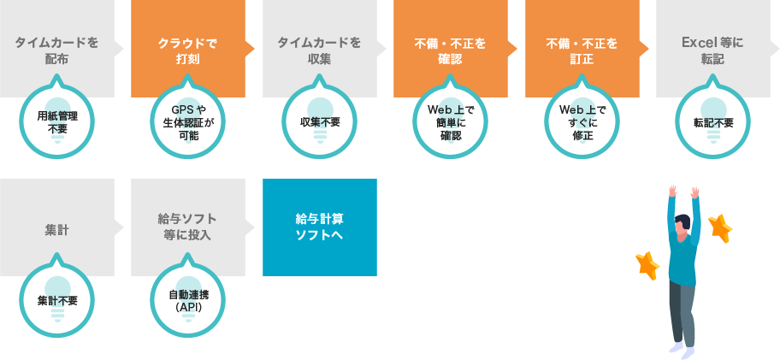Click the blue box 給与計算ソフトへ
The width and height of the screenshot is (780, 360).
pyautogui.click(x=319, y=227)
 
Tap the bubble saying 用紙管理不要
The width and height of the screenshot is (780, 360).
pyautogui.click(x=57, y=122)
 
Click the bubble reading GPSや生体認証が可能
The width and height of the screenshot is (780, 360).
pyautogui.click(x=188, y=122)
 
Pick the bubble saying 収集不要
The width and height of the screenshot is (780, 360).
pyautogui.click(x=319, y=122)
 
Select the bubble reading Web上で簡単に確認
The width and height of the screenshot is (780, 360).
pyautogui.click(x=450, y=122)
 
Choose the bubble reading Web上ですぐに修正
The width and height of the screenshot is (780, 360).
pyautogui.click(x=582, y=122)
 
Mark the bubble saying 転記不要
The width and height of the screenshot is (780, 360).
pyautogui.click(x=712, y=122)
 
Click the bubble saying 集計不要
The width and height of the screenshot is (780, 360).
pyautogui.click(x=57, y=301)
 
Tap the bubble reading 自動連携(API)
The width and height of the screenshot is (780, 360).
pyautogui.click(x=188, y=301)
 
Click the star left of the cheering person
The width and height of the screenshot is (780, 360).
pyautogui.click(x=647, y=265)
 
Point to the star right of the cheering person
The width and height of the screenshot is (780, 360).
pyautogui.click(x=720, y=227)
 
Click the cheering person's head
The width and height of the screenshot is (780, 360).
pyautogui.click(x=682, y=225)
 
